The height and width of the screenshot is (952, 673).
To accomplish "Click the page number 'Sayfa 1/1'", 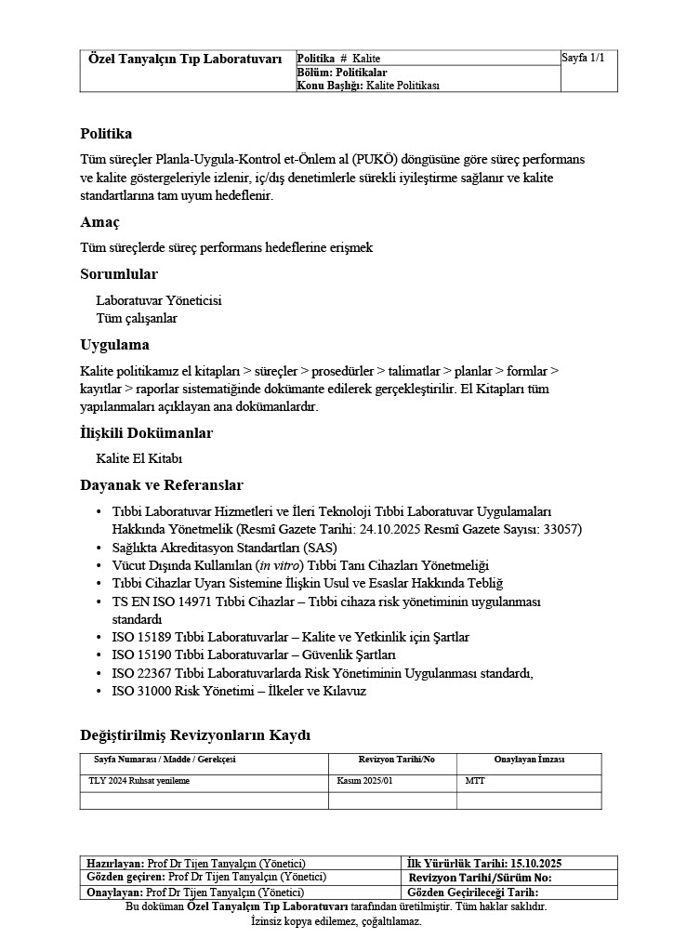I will pos(584,59).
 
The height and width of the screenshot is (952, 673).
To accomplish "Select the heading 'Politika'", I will pos(106,134).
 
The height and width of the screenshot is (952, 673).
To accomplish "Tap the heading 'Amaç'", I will pos(99,222).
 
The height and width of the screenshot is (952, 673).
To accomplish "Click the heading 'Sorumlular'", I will pos(119,274).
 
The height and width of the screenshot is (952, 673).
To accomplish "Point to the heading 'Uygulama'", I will pos(114,345).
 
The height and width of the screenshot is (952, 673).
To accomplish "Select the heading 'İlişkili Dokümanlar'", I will pos(146,433).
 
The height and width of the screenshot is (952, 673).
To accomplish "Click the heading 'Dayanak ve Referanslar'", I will pos(162,485).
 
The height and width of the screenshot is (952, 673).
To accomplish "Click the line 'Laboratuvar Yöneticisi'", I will pos(159,300).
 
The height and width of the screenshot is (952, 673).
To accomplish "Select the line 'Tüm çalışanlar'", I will pos(137,318).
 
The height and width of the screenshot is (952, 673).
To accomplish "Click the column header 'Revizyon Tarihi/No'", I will pos(396,760).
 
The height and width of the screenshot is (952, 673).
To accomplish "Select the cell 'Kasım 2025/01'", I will pos(365,781).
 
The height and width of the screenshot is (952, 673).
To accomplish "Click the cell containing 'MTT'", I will pos(474,781).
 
